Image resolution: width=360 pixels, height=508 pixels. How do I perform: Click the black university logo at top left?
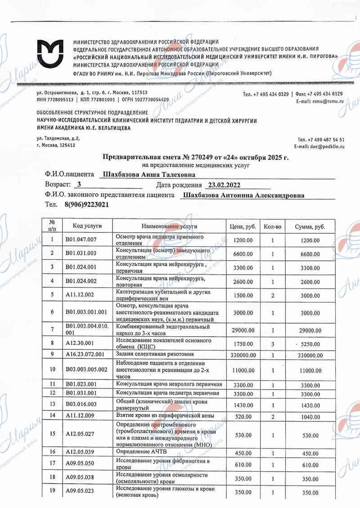(x=51, y=53)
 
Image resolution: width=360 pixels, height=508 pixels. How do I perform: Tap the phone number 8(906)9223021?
(x=86, y=205)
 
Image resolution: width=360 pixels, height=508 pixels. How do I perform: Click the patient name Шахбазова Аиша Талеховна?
(x=150, y=175)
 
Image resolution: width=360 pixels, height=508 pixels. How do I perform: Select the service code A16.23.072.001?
(x=85, y=354)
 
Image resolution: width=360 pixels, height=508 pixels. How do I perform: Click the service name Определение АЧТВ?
(x=141, y=451)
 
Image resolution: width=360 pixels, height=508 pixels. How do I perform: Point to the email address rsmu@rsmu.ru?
(x=329, y=102)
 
